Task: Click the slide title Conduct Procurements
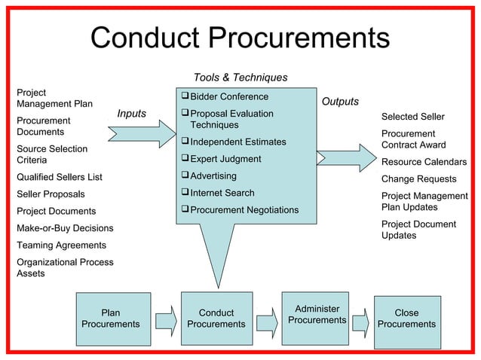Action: pos(240,38)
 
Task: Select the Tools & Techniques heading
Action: pos(240,78)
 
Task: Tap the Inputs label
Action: pos(132,114)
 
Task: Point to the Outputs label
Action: pos(340,102)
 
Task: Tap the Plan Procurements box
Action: pos(110,319)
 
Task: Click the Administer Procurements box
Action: pos(317,315)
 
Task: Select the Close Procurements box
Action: pos(406,319)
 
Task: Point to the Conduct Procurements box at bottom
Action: pos(216,319)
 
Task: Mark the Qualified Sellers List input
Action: pos(60,178)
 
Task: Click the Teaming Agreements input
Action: pos(61,246)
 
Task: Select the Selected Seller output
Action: pos(413,117)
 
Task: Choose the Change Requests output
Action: pos(418,179)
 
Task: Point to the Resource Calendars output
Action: pos(424,163)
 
